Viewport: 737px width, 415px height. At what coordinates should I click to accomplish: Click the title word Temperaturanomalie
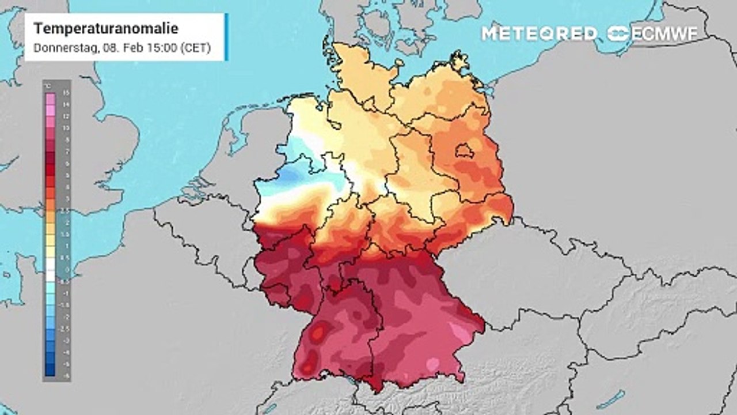(x=106, y=28)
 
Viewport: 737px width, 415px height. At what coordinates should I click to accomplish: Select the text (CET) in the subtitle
(x=195, y=48)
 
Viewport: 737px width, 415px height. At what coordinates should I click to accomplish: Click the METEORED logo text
(x=539, y=33)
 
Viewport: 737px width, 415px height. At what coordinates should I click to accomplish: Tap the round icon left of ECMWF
(x=618, y=33)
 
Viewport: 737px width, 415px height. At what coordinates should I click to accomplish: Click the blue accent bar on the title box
(x=226, y=37)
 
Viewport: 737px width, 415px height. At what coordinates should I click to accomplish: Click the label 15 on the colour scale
(x=66, y=92)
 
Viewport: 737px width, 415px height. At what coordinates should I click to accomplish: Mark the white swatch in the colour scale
(x=50, y=268)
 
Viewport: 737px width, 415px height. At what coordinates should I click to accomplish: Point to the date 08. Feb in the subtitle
(x=121, y=48)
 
